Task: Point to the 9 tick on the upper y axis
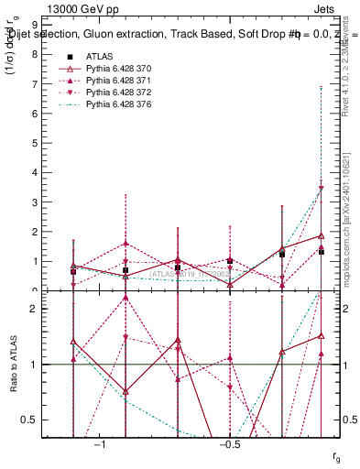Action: [x=34, y=25]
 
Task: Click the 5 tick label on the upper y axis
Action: [x=34, y=143]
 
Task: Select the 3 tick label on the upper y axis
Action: [x=34, y=202]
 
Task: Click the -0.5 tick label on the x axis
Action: [x=229, y=444]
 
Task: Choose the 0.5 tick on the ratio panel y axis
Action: [x=30, y=420]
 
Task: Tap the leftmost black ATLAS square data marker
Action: [x=73, y=271]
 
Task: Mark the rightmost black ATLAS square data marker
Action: [x=321, y=252]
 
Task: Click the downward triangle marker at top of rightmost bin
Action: [x=321, y=189]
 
